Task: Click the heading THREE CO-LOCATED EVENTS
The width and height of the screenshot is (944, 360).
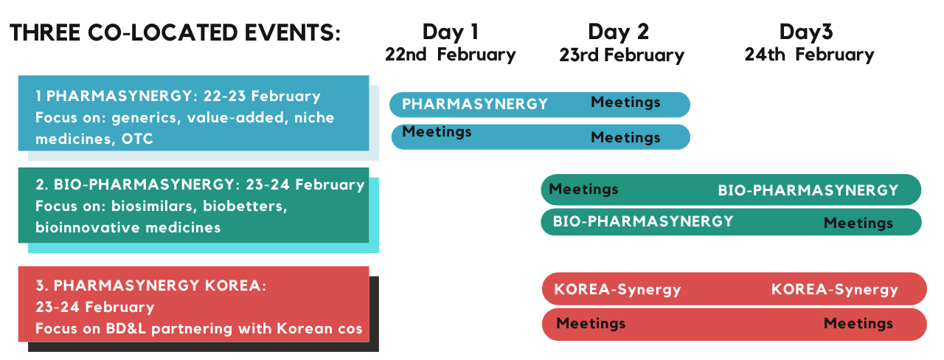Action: pos(175,33)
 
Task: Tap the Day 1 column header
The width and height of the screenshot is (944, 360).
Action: pos(451,32)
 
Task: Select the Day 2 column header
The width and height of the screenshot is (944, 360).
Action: pos(618,32)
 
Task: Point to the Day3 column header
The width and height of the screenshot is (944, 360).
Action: pos(806,32)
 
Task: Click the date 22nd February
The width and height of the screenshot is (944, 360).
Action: pos(450,55)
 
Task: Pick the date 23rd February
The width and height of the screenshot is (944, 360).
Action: pos(622,55)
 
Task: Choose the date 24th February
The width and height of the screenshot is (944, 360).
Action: pos(809,55)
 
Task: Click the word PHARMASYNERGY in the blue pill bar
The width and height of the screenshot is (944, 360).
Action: pos(474,104)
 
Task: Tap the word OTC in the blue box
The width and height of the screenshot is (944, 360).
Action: pos(137,139)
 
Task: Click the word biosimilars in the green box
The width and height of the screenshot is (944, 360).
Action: pos(155,206)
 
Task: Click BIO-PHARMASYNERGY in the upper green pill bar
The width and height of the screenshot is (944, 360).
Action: pos(808,190)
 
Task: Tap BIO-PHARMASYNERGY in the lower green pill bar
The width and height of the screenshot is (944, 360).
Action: pos(643,221)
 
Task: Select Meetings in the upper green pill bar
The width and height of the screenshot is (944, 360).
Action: pos(583,190)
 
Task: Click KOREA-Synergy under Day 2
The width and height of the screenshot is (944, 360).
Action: pos(617,290)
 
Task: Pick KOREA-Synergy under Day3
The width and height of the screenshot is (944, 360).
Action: pos(835,290)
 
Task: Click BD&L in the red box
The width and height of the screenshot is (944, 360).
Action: pos(126,328)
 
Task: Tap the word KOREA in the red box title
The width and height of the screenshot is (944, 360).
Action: pos(235,285)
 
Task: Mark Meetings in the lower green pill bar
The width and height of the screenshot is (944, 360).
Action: pos(858,223)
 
